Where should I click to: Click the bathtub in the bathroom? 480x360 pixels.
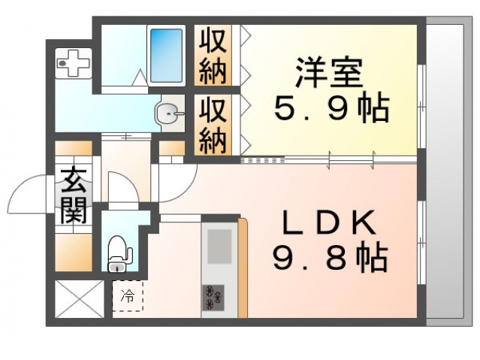click(166, 55)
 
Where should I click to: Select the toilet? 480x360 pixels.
click(118, 253)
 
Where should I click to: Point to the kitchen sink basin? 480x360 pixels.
click(219, 247)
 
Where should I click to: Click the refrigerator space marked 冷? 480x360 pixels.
click(127, 296)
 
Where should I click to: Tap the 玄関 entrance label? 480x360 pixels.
click(73, 197)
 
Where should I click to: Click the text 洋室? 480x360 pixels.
click(328, 73)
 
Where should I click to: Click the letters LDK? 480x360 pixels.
click(329, 223)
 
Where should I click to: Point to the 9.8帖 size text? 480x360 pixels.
click(331, 259)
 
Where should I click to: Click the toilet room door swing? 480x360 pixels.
click(120, 188)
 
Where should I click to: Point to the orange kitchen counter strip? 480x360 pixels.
click(243, 268)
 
